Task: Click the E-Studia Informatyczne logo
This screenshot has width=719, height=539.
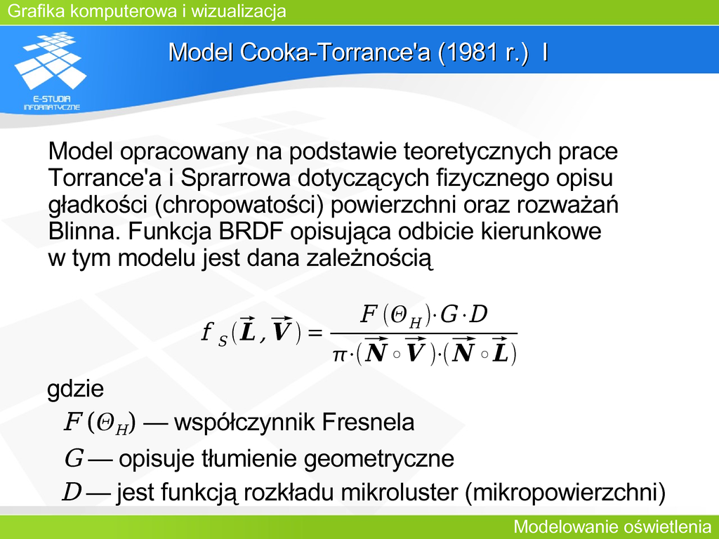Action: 51,71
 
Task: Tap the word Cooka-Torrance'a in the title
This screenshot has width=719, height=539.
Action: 335,52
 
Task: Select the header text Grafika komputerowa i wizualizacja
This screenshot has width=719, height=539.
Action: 147,11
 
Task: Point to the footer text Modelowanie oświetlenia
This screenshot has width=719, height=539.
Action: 612,526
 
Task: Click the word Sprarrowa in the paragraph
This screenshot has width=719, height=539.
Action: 235,178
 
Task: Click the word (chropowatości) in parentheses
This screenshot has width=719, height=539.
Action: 239,205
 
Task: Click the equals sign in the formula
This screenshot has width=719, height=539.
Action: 315,332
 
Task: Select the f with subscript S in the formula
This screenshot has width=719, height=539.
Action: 213,333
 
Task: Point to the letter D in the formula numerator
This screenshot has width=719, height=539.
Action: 479,314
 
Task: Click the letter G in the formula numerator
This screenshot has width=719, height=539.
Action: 449,315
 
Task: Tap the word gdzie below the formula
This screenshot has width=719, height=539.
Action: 76,389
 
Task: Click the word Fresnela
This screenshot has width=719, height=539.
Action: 368,422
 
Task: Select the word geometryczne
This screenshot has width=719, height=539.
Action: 379,459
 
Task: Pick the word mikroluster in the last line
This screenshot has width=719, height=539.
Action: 400,493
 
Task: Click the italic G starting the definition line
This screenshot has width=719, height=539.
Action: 74,458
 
